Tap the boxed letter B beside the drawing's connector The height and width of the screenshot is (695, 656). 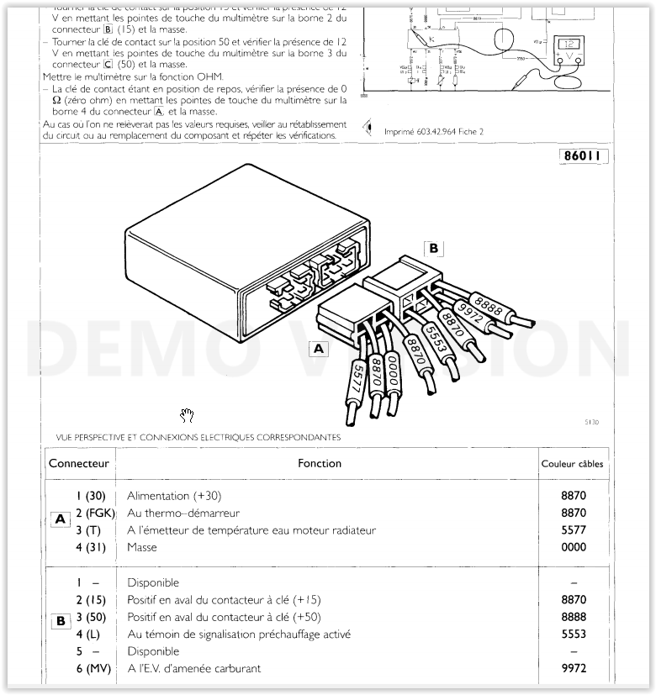click(x=433, y=249)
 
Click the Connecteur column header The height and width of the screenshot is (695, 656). click(x=79, y=463)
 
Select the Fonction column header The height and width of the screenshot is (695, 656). click(x=320, y=463)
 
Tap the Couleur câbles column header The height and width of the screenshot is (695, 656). click(x=572, y=464)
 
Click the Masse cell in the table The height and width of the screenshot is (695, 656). click(x=142, y=547)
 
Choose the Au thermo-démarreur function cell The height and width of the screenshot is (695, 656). click(x=183, y=513)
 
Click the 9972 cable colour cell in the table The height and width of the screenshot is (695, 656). click(x=574, y=668)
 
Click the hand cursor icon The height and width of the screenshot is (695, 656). click(x=188, y=413)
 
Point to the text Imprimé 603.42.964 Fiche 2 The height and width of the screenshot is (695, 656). click(x=434, y=131)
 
